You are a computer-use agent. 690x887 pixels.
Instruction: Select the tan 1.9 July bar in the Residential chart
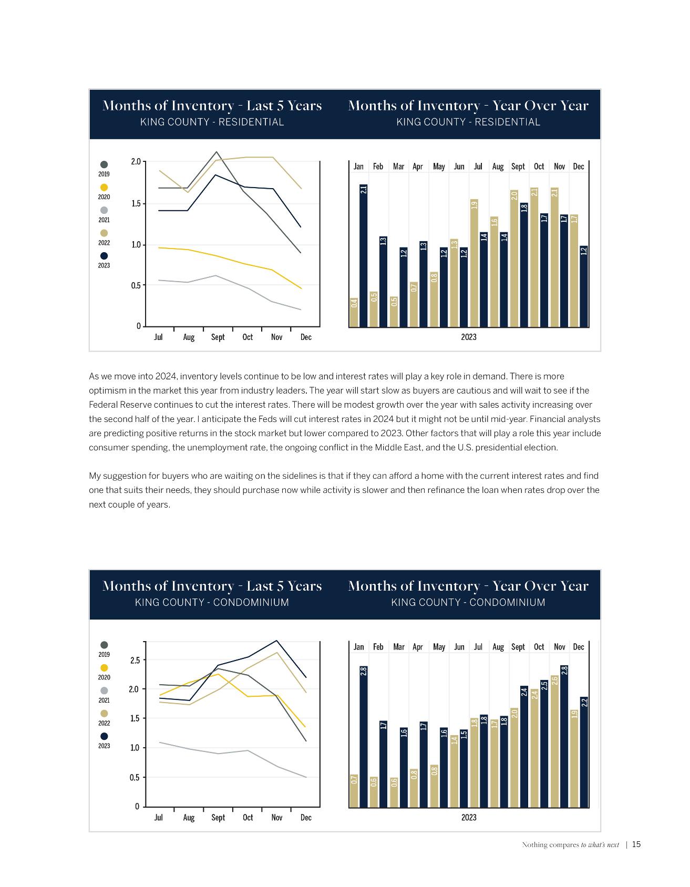(x=474, y=263)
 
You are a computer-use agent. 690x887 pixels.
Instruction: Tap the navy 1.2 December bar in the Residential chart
(x=583, y=286)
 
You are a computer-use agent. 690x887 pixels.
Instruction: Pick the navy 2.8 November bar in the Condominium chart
(x=564, y=736)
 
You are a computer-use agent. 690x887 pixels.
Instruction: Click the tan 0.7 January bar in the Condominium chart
(x=354, y=790)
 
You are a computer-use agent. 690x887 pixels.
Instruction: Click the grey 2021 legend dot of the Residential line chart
(x=104, y=210)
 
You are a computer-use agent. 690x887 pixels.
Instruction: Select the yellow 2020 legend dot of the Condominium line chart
(x=104, y=667)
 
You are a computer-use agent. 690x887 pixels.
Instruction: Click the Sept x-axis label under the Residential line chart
(x=218, y=337)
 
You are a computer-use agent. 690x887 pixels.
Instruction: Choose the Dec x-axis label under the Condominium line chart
(x=306, y=818)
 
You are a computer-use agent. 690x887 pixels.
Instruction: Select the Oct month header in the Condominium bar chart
(x=539, y=647)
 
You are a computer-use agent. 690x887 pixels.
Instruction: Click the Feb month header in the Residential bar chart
(x=378, y=167)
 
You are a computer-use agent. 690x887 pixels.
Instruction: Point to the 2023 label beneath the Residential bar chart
(x=469, y=337)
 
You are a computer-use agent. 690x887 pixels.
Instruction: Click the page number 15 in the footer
(x=636, y=845)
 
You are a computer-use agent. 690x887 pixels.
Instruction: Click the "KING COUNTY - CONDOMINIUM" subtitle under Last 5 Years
(x=212, y=603)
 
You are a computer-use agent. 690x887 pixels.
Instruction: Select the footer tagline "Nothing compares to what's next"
(x=570, y=845)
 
